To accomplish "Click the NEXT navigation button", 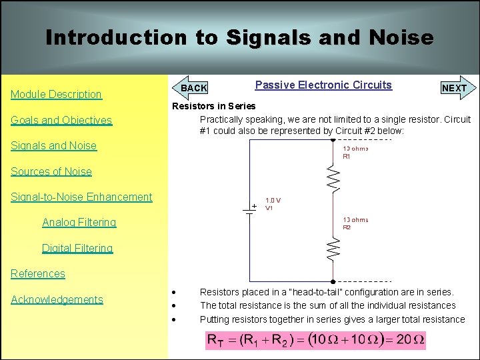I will point(455,88).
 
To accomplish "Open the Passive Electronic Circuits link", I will point(323,85).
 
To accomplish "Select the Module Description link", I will point(56,95).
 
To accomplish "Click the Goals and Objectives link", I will point(61,121).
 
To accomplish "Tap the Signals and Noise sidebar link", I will point(53,146).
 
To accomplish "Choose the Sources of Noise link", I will point(51,171).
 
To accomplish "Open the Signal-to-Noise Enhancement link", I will point(81,197).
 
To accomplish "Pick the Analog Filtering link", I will point(79,223).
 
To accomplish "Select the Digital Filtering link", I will point(77,248).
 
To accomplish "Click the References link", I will point(38,273).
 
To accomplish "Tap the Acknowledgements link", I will point(57,299).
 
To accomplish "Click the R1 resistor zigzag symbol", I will point(333,178).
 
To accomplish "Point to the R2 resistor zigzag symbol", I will point(333,249).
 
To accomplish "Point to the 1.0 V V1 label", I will point(273,204).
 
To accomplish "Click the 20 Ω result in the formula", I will point(409,341).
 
